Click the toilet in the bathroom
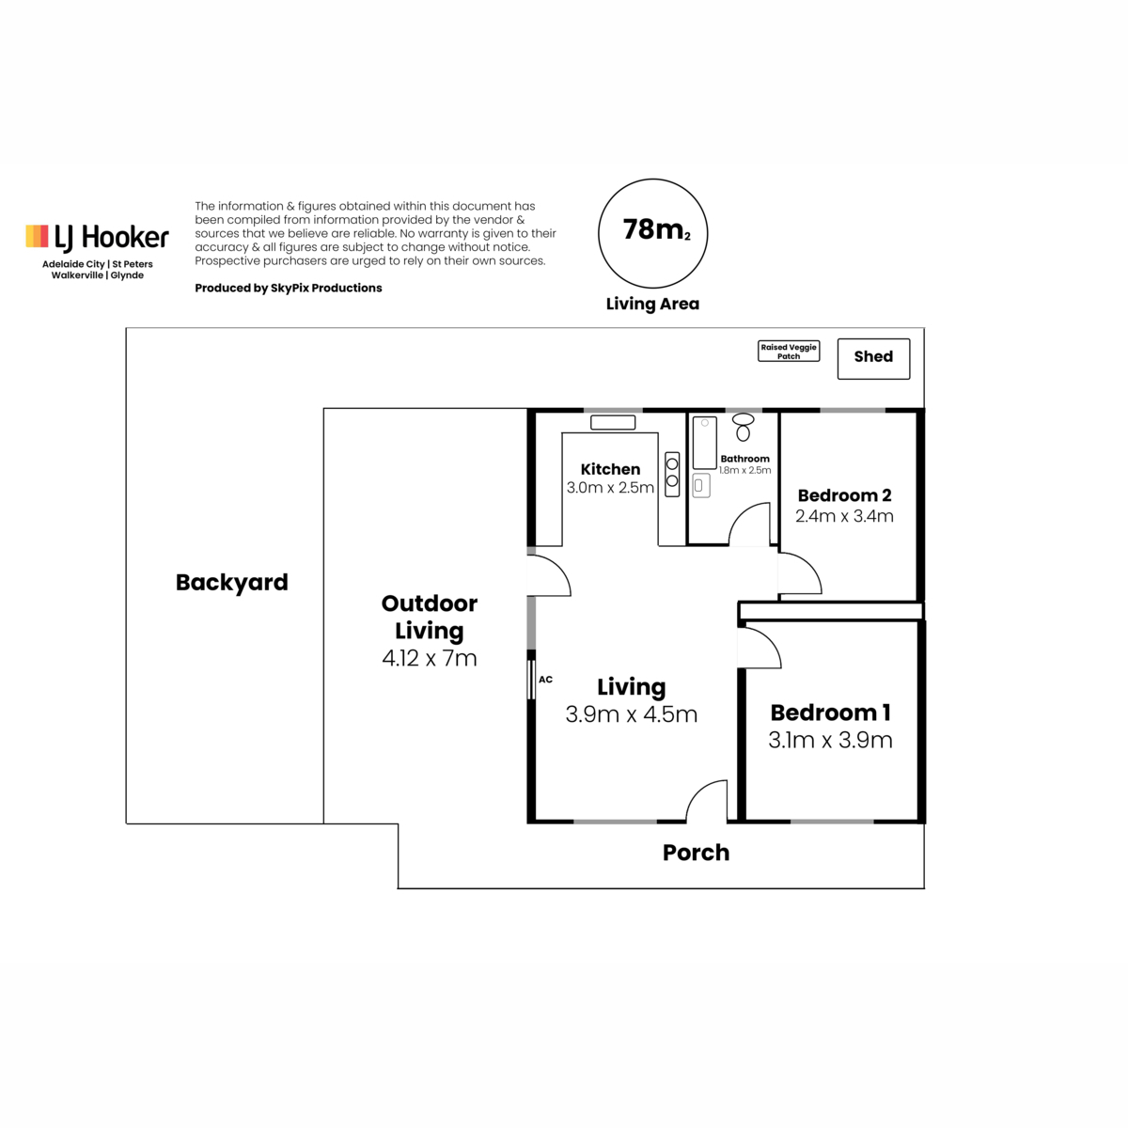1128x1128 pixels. click(743, 427)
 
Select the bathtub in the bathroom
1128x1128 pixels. click(705, 443)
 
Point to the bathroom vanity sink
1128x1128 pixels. click(700, 485)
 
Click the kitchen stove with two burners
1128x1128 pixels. click(672, 474)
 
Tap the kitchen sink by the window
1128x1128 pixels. click(612, 422)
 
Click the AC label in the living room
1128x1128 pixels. click(545, 680)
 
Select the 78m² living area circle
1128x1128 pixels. click(652, 180)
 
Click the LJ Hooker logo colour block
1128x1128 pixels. click(37, 236)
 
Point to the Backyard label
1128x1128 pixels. click(232, 583)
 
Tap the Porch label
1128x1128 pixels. click(696, 853)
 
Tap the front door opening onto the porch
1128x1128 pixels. click(696, 791)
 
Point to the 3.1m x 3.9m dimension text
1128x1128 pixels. click(830, 741)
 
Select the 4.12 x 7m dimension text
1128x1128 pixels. click(429, 659)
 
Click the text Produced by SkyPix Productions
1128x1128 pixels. click(288, 288)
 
